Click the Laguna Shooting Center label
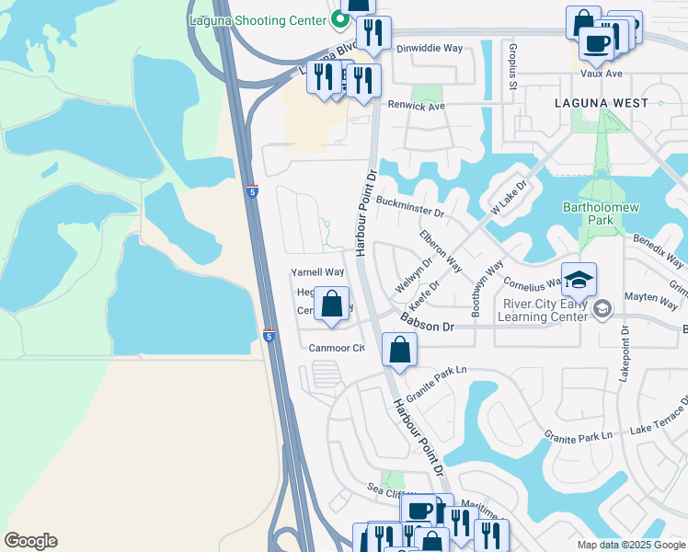pos(260,19)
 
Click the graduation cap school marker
pos(579,280)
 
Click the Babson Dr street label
pos(428,322)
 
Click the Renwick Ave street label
pos(416,106)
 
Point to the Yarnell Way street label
pos(317,272)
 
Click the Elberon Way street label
pos(441,249)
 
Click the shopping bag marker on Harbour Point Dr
pos(399,351)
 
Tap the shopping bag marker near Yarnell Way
pos(330,304)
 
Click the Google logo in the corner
pos(30,541)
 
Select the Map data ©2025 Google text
pos(631,545)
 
